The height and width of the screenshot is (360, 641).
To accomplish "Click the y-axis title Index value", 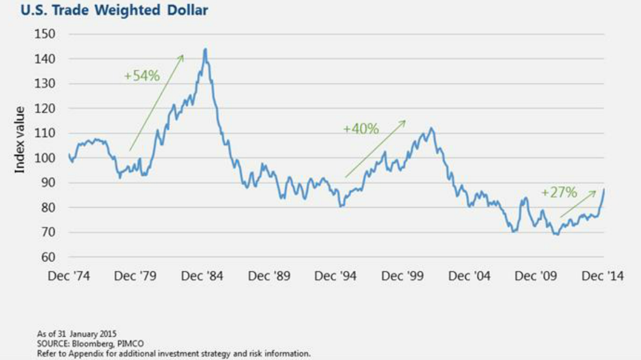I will click(20, 140).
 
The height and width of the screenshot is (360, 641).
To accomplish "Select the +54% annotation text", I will click(141, 76).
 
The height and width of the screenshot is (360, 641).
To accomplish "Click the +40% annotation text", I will click(360, 129).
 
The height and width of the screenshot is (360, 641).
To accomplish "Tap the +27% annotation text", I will click(559, 192).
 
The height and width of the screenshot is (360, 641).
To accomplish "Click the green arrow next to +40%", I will click(375, 148).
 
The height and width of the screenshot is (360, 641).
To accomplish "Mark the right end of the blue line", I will click(604, 189).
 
